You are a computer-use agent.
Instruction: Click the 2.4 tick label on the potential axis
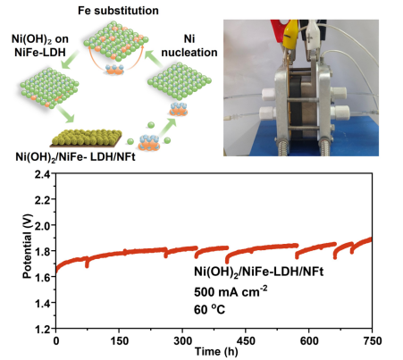pyautogui.click(x=43, y=174)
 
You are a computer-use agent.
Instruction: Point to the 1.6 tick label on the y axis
pyautogui.click(x=43, y=277)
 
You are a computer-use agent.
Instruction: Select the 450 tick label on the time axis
pyautogui.click(x=245, y=340)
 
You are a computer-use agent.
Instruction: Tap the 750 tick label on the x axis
pyautogui.click(x=372, y=340)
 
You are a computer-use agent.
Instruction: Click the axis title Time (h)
pyautogui.click(x=216, y=352)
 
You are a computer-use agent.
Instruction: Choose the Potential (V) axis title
pyautogui.click(x=27, y=246)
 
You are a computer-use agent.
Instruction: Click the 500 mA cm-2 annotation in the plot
pyautogui.click(x=231, y=291)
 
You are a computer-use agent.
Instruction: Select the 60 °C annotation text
pyautogui.click(x=209, y=310)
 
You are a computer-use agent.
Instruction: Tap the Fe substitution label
pyautogui.click(x=118, y=11)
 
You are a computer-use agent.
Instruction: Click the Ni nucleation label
pyautogui.click(x=189, y=46)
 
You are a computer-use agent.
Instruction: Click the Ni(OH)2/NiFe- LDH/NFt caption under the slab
pyautogui.click(x=75, y=157)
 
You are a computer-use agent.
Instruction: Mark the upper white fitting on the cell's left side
pyautogui.click(x=268, y=94)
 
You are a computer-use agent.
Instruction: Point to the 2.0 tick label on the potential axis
pyautogui.click(x=43, y=225)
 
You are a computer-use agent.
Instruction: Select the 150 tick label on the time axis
pyautogui.click(x=119, y=340)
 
